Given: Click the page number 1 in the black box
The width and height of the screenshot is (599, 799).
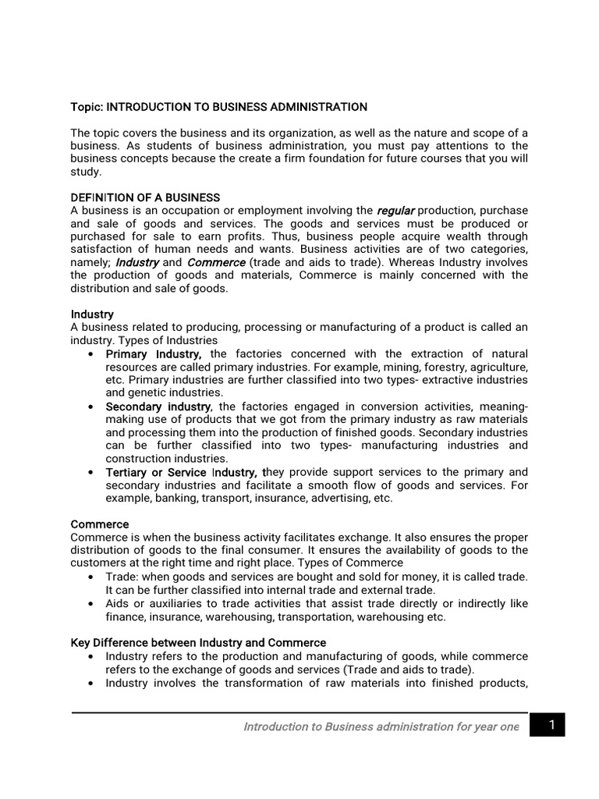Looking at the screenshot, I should tap(551, 726).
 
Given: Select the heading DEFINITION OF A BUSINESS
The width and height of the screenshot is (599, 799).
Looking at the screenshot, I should tap(145, 197).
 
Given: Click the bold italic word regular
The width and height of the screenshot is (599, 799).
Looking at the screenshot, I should tap(395, 211).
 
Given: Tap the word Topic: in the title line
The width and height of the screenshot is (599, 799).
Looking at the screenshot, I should tap(87, 106).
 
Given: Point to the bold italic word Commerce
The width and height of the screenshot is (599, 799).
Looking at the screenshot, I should tap(216, 263).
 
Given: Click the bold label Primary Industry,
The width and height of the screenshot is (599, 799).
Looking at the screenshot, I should tap(154, 354).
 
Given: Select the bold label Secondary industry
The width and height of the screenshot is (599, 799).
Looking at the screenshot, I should tap(158, 407).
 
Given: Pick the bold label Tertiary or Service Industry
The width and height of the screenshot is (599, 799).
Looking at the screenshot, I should tap(182, 472).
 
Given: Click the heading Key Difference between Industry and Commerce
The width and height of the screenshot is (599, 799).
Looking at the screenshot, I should tap(198, 643).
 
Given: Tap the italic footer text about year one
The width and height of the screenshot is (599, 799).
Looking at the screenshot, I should tap(381, 726).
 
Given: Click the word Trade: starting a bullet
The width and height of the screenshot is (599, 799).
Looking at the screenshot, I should tap(122, 576).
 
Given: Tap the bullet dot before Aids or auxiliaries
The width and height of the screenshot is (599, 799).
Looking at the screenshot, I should tap(91, 604).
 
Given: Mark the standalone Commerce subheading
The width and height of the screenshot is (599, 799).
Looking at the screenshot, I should tap(100, 524).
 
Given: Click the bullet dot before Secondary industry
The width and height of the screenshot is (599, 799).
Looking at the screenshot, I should tap(91, 407).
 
